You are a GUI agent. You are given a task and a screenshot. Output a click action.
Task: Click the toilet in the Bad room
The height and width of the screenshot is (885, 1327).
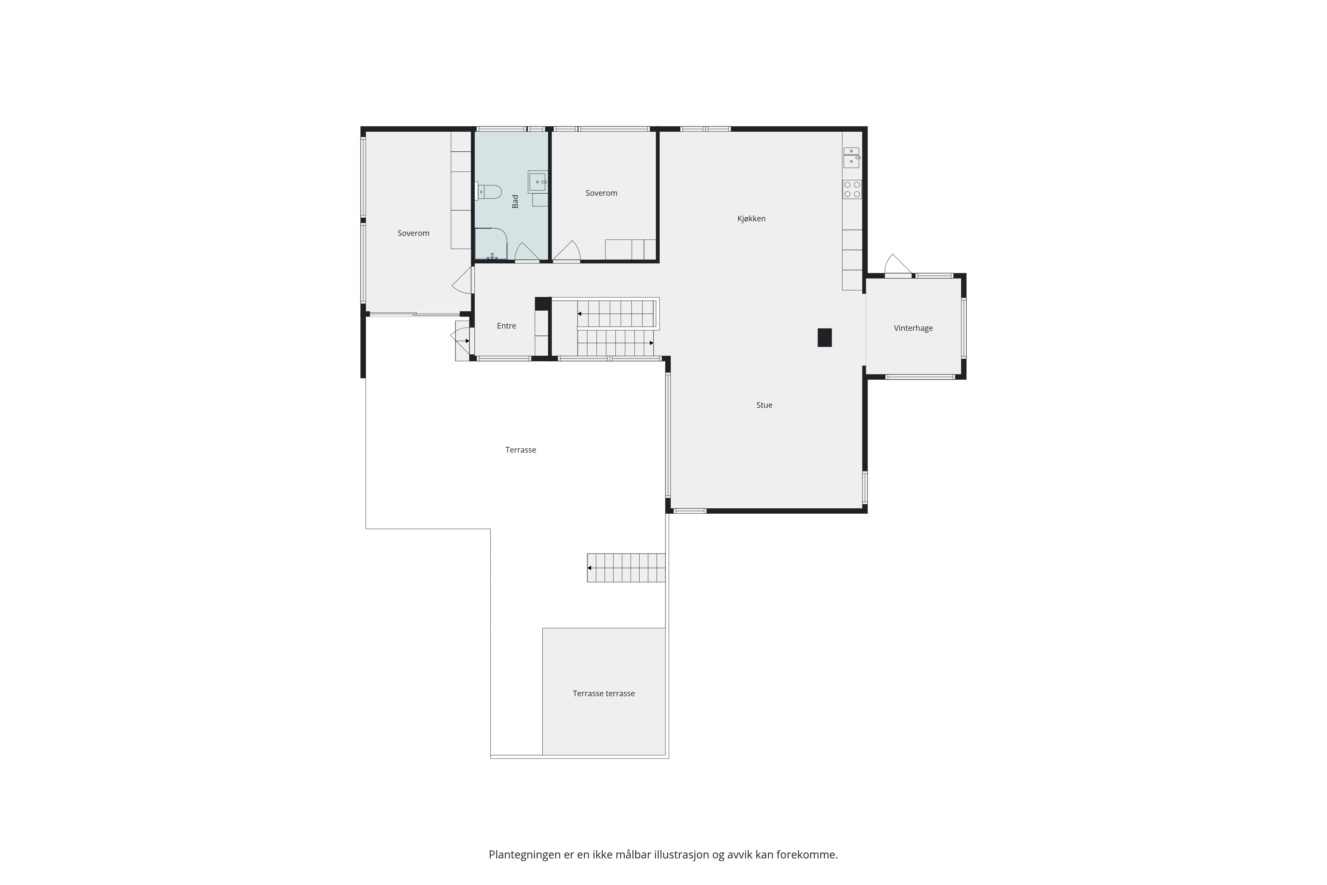point(489,191)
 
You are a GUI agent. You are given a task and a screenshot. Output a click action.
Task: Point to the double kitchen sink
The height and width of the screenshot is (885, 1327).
point(851,158)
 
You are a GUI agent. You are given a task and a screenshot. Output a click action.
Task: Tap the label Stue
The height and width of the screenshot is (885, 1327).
point(764,405)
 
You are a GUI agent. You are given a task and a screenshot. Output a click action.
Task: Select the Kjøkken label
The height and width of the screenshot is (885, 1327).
point(751,218)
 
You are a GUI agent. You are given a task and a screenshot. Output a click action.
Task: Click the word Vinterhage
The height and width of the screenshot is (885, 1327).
point(913,328)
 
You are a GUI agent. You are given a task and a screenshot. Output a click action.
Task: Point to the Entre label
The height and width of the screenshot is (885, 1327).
point(506,326)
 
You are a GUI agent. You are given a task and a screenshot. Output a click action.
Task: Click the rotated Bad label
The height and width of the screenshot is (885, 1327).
point(515,201)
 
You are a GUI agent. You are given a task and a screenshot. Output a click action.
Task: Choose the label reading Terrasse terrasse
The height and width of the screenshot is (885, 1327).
point(604,693)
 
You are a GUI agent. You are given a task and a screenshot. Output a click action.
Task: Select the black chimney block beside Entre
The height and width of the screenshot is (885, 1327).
point(543,304)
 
